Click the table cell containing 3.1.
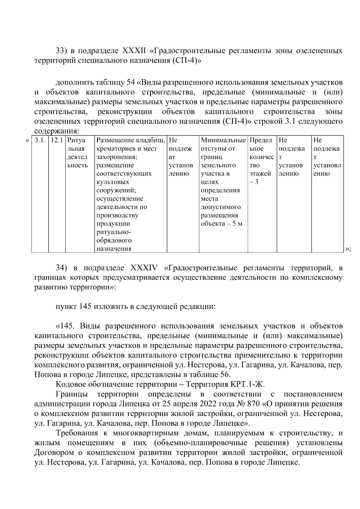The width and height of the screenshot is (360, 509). tap(40, 140)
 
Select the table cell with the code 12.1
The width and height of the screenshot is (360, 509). tap(57, 140)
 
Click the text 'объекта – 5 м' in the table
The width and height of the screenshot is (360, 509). tap(221, 224)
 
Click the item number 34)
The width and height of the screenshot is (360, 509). tap(63, 268)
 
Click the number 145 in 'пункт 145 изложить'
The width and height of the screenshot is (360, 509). tap(85, 307)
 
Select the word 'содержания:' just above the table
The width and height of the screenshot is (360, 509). tap(56, 131)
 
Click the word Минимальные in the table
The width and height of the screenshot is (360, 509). tap(223, 140)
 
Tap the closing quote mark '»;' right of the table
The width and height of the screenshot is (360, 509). tap(348, 249)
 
